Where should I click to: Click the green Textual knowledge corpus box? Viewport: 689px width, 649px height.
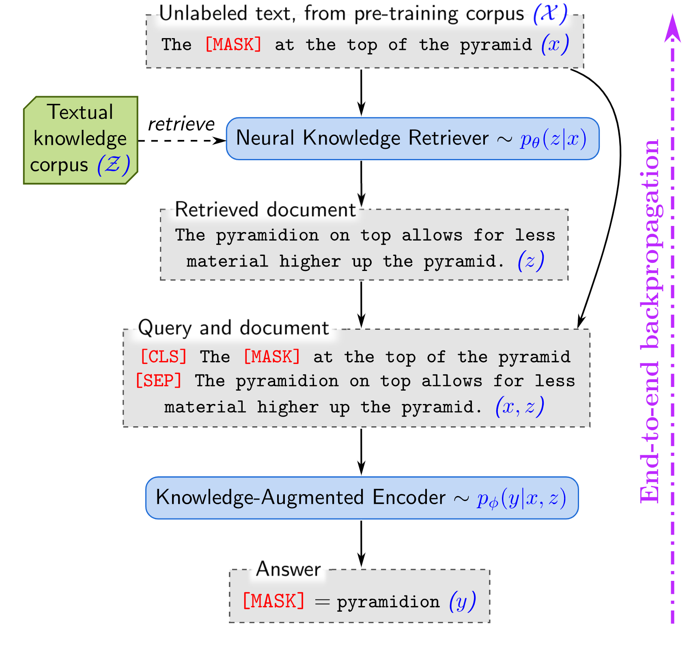pyautogui.click(x=80, y=140)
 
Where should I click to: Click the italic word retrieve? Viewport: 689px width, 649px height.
pyautogui.click(x=181, y=124)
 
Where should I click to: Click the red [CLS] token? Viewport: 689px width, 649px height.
pyautogui.click(x=164, y=357)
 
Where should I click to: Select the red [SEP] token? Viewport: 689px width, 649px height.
pyautogui.click(x=159, y=381)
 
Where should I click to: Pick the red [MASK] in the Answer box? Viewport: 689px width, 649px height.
pyautogui.click(x=273, y=601)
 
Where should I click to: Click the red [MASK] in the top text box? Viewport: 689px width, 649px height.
pyautogui.click(x=233, y=44)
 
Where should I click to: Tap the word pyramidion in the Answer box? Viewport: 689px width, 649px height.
pyautogui.click(x=388, y=602)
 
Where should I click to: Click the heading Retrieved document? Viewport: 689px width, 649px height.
pyautogui.click(x=265, y=210)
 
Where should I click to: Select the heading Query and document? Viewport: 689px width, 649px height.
pyautogui.click(x=233, y=328)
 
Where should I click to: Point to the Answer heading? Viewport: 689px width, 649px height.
pyautogui.click(x=288, y=569)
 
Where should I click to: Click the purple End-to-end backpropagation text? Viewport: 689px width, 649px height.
pyautogui.click(x=651, y=320)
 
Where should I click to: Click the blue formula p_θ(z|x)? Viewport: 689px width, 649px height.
pyautogui.click(x=553, y=139)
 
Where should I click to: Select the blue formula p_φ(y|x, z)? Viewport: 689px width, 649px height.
pyautogui.click(x=521, y=498)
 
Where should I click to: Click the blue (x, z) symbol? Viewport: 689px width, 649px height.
pyautogui.click(x=520, y=406)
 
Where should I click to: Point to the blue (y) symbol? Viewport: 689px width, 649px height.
pyautogui.click(x=463, y=602)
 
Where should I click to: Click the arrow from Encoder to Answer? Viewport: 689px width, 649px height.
pyautogui.click(x=361, y=544)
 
